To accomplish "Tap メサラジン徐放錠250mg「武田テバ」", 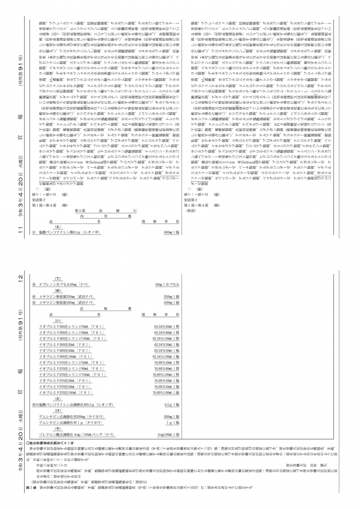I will (x=67, y=297).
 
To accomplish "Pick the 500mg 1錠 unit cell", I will (x=171, y=303).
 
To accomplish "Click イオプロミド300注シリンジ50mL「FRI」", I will (x=72, y=327).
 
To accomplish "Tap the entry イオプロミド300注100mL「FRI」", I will (x=65, y=357).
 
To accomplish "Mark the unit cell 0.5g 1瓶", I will (x=172, y=404).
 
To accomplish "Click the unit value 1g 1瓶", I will (x=173, y=423).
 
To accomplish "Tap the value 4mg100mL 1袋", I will (x=168, y=435).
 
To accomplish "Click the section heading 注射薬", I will (x=106, y=309).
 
